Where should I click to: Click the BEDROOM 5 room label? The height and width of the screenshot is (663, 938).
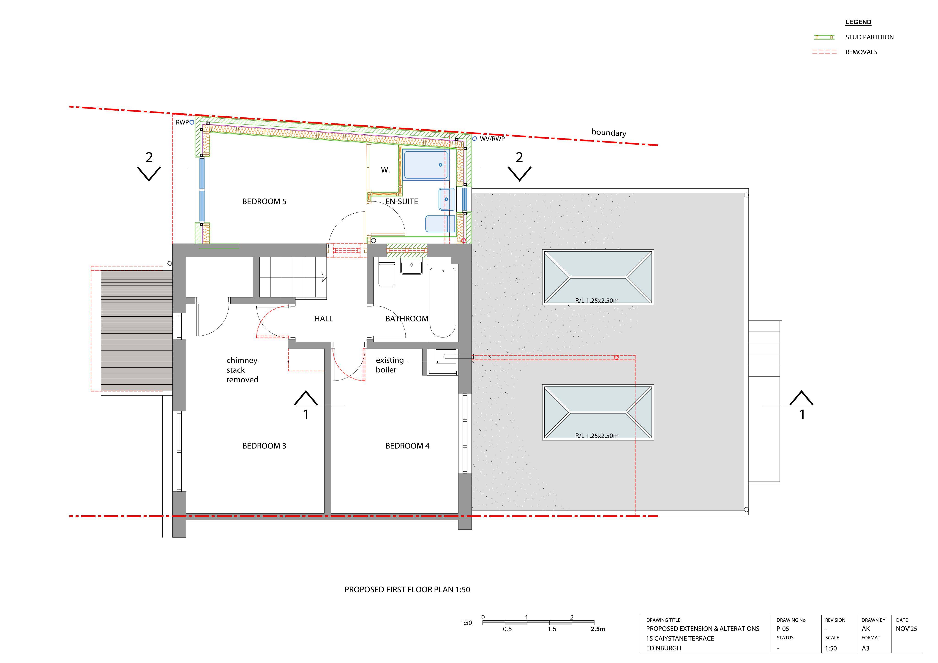[x=264, y=201]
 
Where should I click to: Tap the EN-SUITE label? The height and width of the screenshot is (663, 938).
[x=402, y=201]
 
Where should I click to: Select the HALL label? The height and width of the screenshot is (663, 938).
[x=324, y=319]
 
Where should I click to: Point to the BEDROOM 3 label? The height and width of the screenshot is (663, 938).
[x=264, y=446]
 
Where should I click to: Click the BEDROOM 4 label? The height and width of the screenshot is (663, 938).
[x=407, y=446]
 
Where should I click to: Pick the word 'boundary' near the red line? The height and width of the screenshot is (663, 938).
[x=609, y=132]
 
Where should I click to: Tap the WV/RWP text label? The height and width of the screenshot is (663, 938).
[x=492, y=139]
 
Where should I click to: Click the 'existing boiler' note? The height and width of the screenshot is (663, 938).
[x=390, y=365]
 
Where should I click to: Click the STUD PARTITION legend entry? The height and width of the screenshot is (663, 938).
[x=869, y=37]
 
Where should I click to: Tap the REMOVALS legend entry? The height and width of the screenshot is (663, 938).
[x=861, y=52]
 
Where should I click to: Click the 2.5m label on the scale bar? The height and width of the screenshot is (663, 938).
[x=598, y=629]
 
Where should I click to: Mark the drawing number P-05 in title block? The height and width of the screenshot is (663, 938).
[x=783, y=629]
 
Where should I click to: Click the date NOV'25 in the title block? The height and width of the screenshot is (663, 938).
[x=907, y=629]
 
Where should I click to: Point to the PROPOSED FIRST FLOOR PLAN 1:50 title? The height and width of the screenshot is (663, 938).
[x=407, y=590]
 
